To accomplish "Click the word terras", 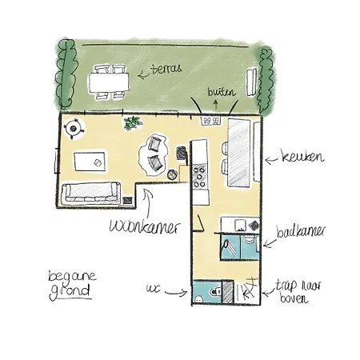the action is [x=166, y=69].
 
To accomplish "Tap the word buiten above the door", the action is [x=222, y=92].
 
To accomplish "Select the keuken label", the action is [x=303, y=157].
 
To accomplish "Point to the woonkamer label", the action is [x=145, y=226].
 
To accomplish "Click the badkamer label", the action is [x=301, y=231].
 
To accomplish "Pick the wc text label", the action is [x=153, y=288].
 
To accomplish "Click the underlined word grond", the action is [x=70, y=292].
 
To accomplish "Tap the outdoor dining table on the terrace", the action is [x=109, y=82].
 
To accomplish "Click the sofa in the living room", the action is [x=91, y=192].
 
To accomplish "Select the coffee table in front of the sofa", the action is [x=90, y=162].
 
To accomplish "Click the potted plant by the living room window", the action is [x=132, y=123].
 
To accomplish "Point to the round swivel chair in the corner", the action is [x=74, y=129].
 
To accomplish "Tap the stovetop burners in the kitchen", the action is [x=199, y=177].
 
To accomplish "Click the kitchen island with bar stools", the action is [x=239, y=152].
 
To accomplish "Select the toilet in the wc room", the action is [x=214, y=293].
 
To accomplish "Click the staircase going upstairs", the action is [x=246, y=291].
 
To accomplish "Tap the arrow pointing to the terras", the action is [x=143, y=74].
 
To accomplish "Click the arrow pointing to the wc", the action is [x=176, y=293].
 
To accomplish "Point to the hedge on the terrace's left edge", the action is [x=66, y=74].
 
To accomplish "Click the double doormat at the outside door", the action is [x=211, y=120].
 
